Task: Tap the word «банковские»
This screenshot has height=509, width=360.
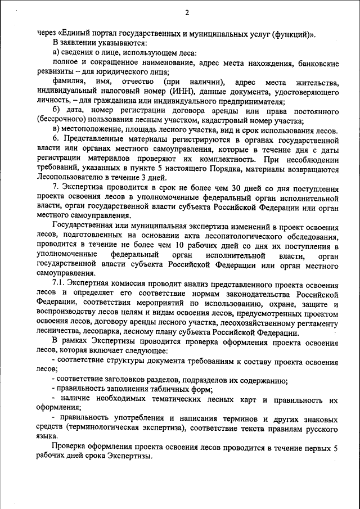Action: (x=318, y=62)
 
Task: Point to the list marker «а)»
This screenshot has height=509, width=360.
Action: (x=57, y=52)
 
